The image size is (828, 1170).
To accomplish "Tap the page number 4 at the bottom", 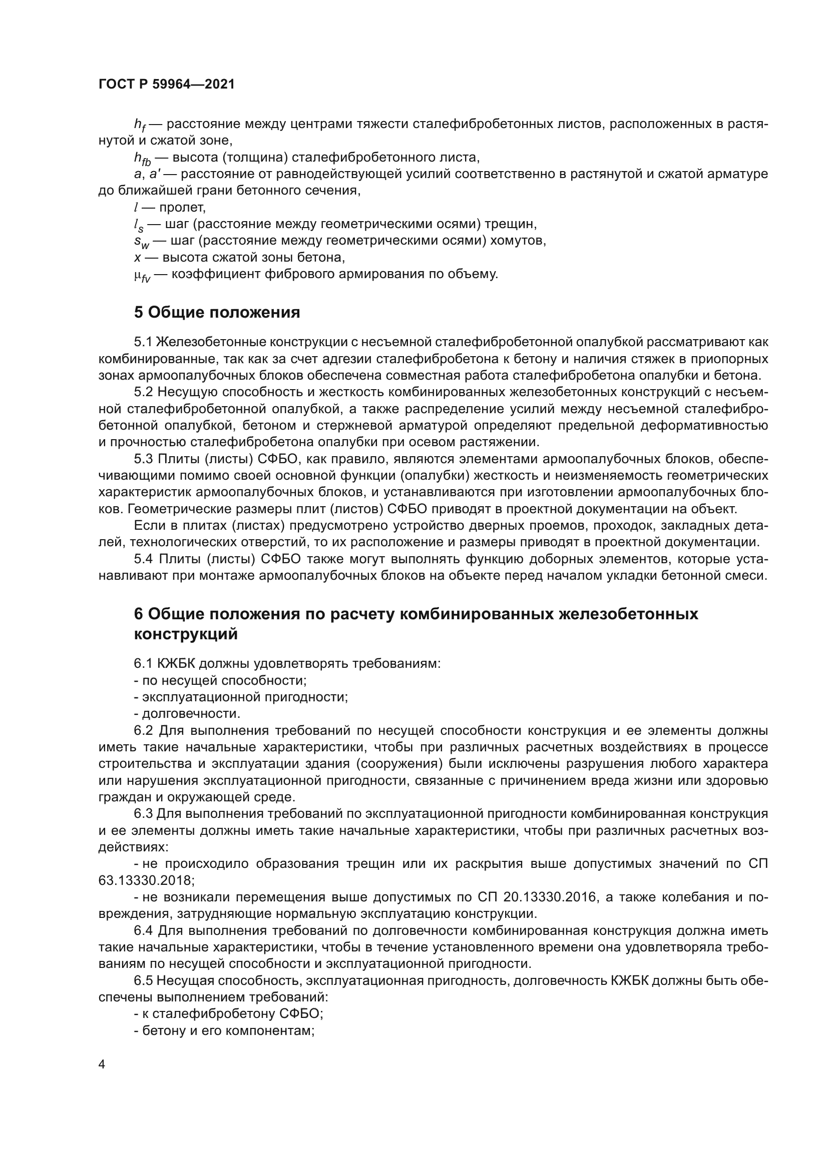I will [102, 1064].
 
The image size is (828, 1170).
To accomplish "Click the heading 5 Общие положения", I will [217, 312].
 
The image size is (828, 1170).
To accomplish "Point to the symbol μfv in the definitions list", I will [142, 276].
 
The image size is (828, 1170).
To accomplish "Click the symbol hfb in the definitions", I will [142, 159].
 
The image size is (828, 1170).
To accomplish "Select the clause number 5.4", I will [143, 559].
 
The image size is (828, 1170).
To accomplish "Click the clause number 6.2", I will [143, 730].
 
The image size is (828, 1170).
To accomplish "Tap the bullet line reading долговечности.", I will [187, 713].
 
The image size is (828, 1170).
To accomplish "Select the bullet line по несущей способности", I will [220, 680].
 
